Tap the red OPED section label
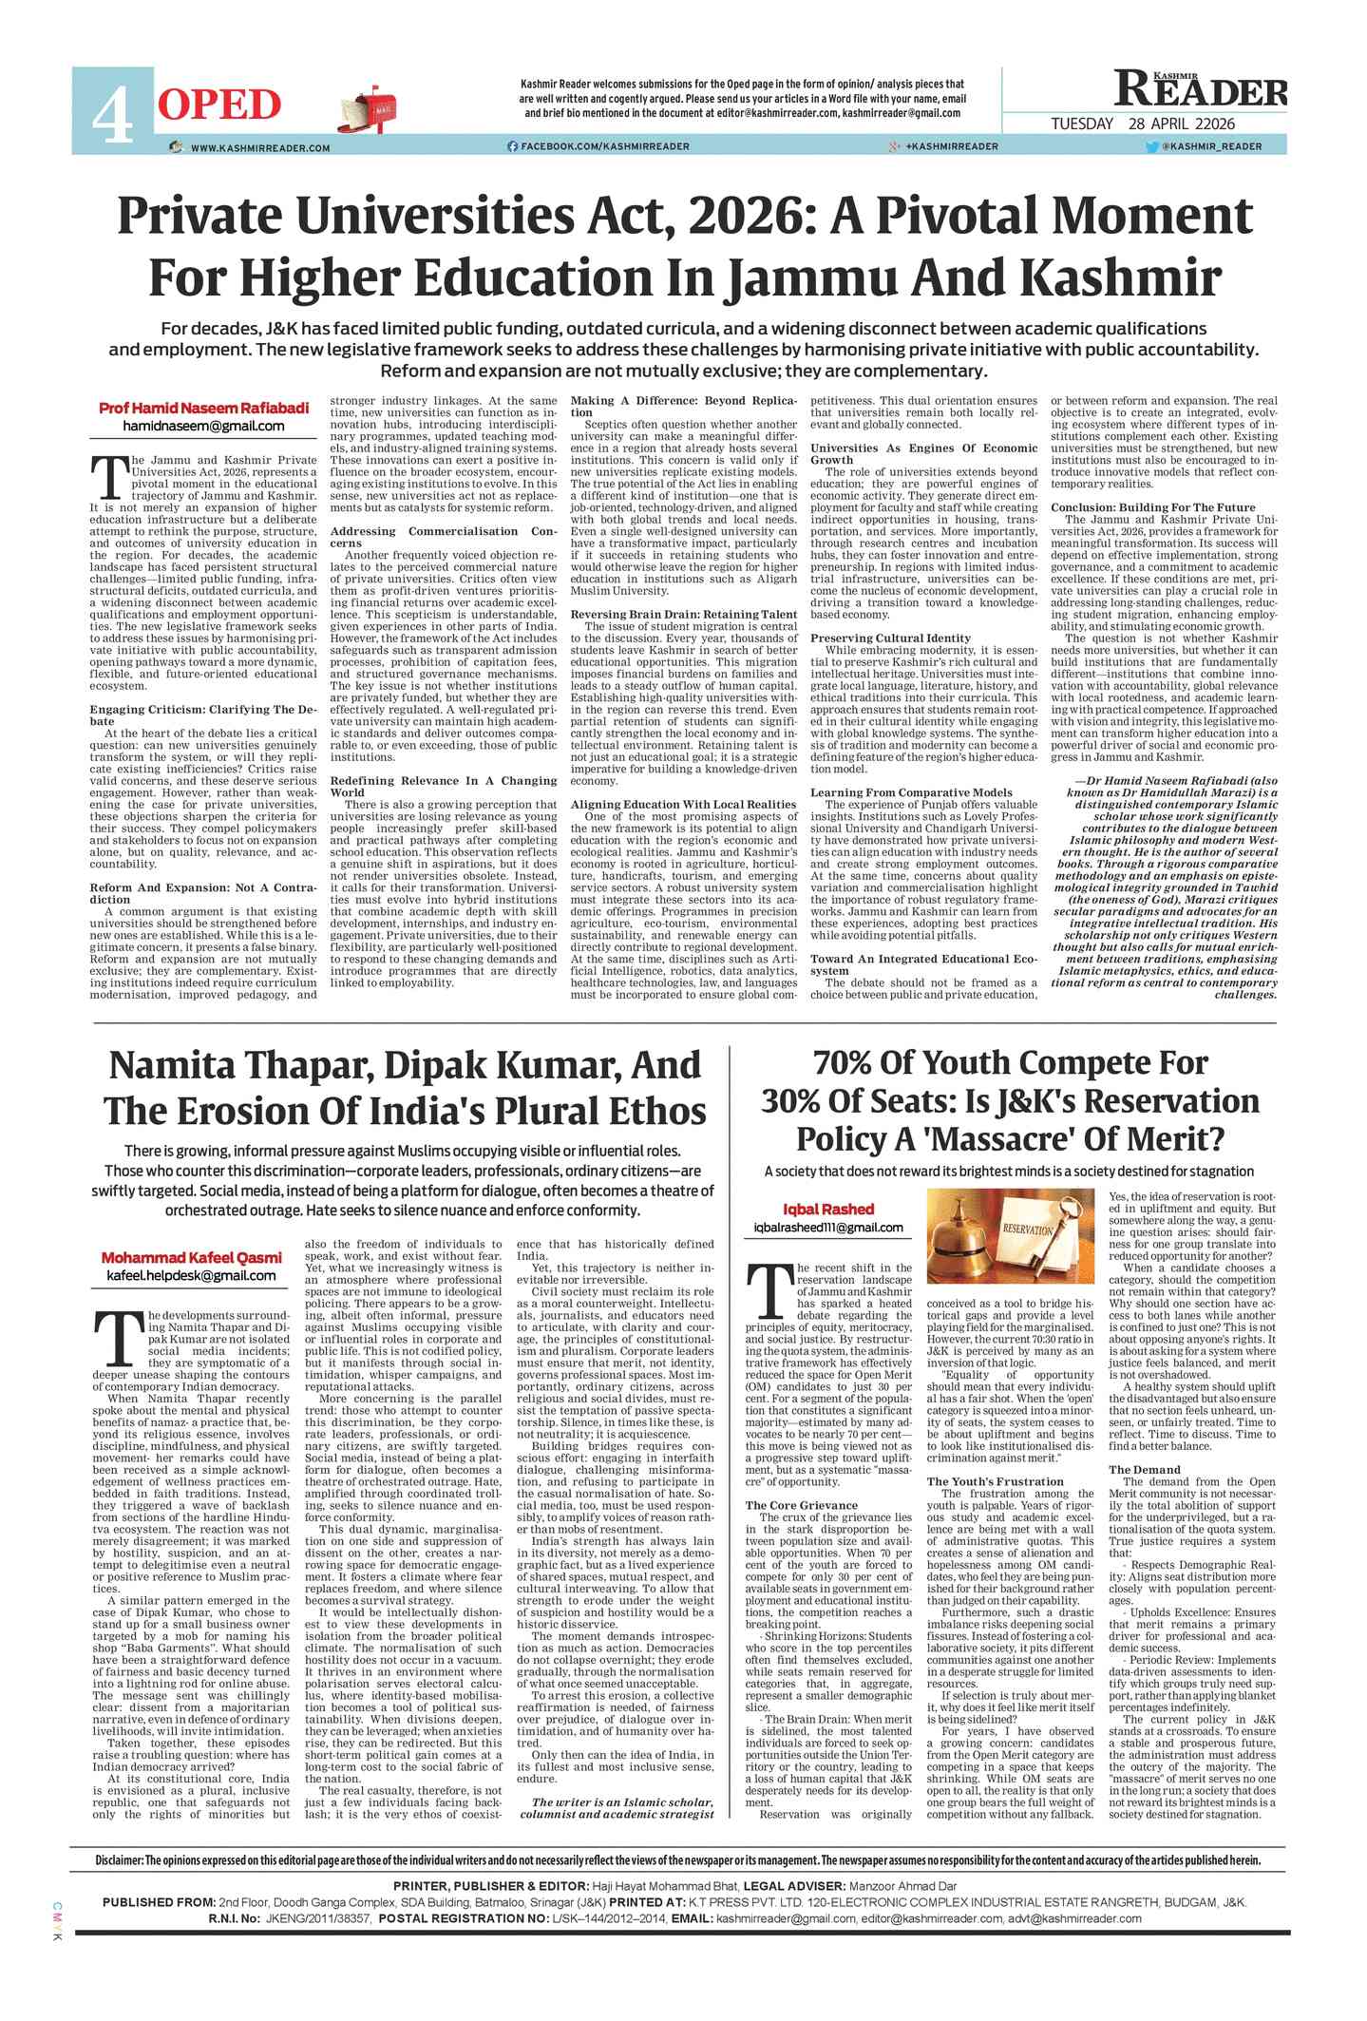[219, 105]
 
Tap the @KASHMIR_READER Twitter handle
[1205, 146]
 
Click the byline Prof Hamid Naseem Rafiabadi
[203, 408]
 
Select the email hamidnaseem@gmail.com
[203, 427]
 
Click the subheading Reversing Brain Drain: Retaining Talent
[683, 614]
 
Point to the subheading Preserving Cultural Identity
[890, 638]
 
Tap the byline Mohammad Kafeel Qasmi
[191, 1258]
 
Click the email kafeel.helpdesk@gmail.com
[191, 1275]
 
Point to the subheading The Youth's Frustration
[995, 1481]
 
